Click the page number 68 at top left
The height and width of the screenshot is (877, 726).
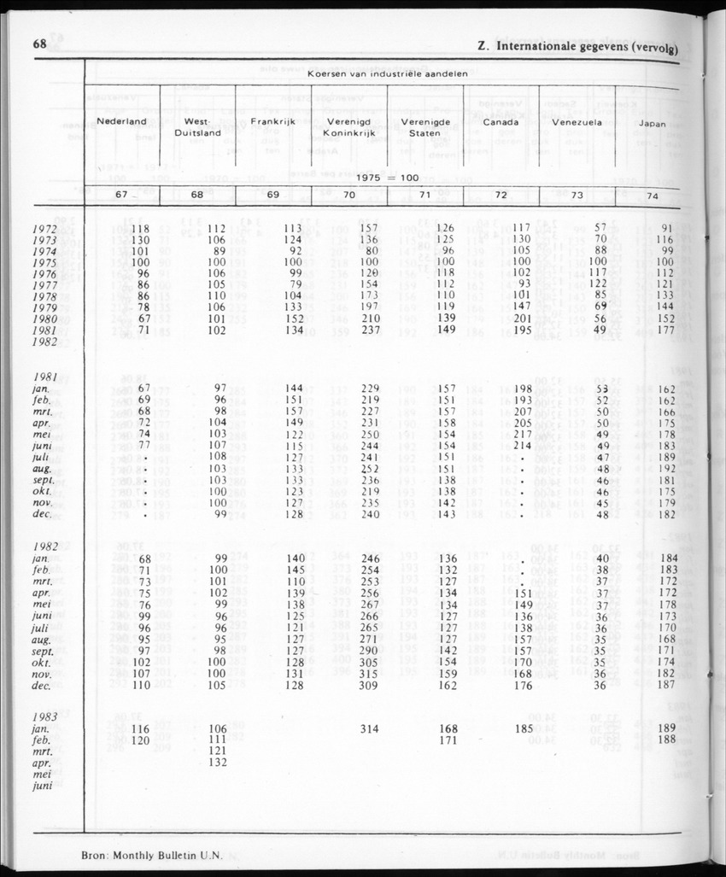tap(39, 44)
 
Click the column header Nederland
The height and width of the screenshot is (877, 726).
tap(121, 122)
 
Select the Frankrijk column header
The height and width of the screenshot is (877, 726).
tap(272, 122)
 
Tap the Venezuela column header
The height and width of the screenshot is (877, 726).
tap(578, 122)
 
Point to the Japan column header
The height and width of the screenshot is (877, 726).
tap(653, 123)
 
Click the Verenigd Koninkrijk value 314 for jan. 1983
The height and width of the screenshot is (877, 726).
tap(369, 728)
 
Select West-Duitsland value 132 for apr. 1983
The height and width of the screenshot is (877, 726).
tap(217, 762)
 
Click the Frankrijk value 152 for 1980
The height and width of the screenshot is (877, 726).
tap(293, 318)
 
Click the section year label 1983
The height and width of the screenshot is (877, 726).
tap(45, 716)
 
